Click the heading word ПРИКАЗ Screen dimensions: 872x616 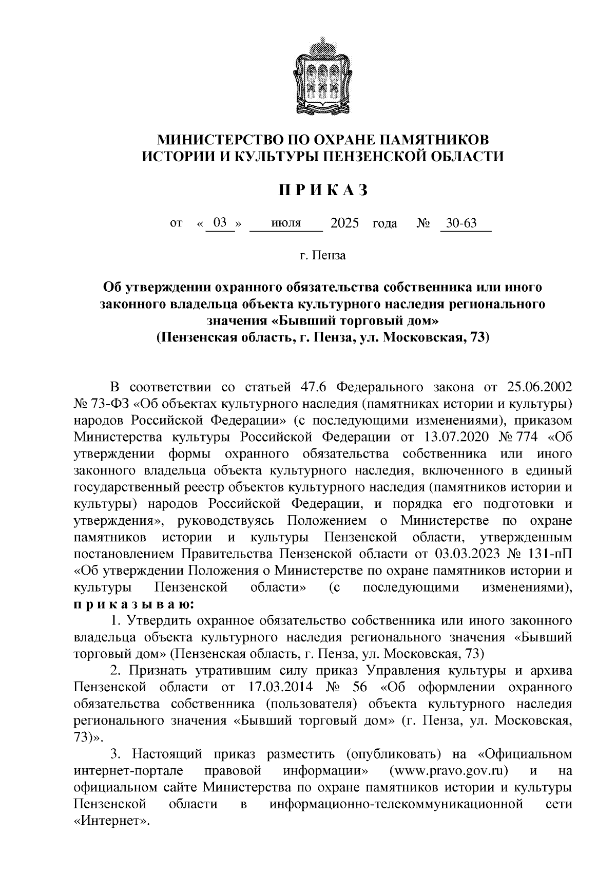click(x=323, y=191)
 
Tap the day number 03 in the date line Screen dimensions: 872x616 click(x=220, y=223)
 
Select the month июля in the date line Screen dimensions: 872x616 click(x=286, y=223)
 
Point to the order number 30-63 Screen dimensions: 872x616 click(x=461, y=223)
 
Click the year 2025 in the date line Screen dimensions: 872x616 click(x=345, y=223)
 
